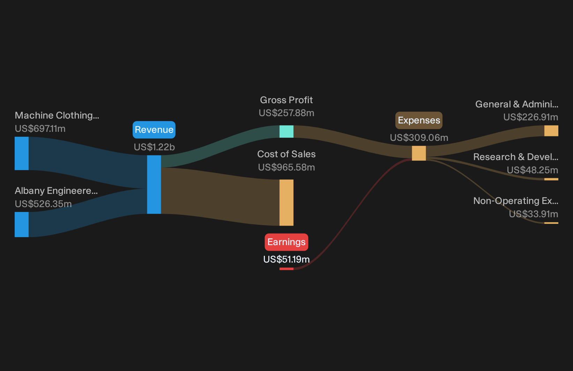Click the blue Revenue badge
pyautogui.click(x=154, y=130)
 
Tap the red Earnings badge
pyautogui.click(x=286, y=242)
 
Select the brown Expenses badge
pyautogui.click(x=419, y=120)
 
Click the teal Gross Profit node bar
pyautogui.click(x=286, y=131)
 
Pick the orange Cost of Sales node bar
pyautogui.click(x=286, y=203)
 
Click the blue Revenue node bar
pyautogui.click(x=154, y=184)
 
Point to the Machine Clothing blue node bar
pyautogui.click(x=22, y=153)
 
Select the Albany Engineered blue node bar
pyautogui.click(x=22, y=225)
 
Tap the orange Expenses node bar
pyautogui.click(x=419, y=153)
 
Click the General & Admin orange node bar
pyautogui.click(x=551, y=131)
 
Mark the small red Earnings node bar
pyautogui.click(x=286, y=269)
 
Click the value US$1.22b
pyautogui.click(x=154, y=147)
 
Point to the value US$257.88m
pyautogui.click(x=286, y=113)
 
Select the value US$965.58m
pyautogui.click(x=286, y=167)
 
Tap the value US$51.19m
pyautogui.click(x=286, y=259)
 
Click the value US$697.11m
pyautogui.click(x=40, y=129)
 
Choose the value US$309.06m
pyautogui.click(x=419, y=138)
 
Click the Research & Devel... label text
pyautogui.click(x=516, y=157)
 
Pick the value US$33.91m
pyautogui.click(x=534, y=214)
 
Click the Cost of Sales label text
pyautogui.click(x=286, y=154)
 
